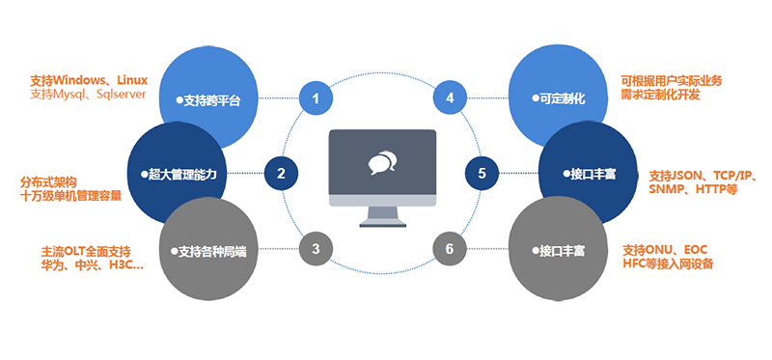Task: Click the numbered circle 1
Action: click(x=317, y=98)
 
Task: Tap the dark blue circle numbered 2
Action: click(x=281, y=174)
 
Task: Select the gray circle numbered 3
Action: click(x=317, y=249)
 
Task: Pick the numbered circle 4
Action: click(x=450, y=98)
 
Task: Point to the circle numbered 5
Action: click(x=482, y=174)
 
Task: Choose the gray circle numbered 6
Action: click(x=450, y=249)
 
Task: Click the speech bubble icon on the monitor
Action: click(x=382, y=163)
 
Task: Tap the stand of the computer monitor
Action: click(x=382, y=217)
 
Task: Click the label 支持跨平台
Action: click(x=208, y=101)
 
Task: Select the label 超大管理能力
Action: click(x=179, y=174)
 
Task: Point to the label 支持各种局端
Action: click(x=208, y=252)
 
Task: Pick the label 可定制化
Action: click(x=559, y=98)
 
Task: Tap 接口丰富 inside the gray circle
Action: click(x=559, y=251)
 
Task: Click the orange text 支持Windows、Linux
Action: click(x=89, y=80)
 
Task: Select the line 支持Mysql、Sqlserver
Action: click(x=88, y=94)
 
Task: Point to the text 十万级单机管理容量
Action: click(x=70, y=196)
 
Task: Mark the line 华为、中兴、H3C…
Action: click(x=93, y=265)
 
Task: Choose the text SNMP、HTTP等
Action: click(x=693, y=189)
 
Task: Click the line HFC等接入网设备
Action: click(x=668, y=263)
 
